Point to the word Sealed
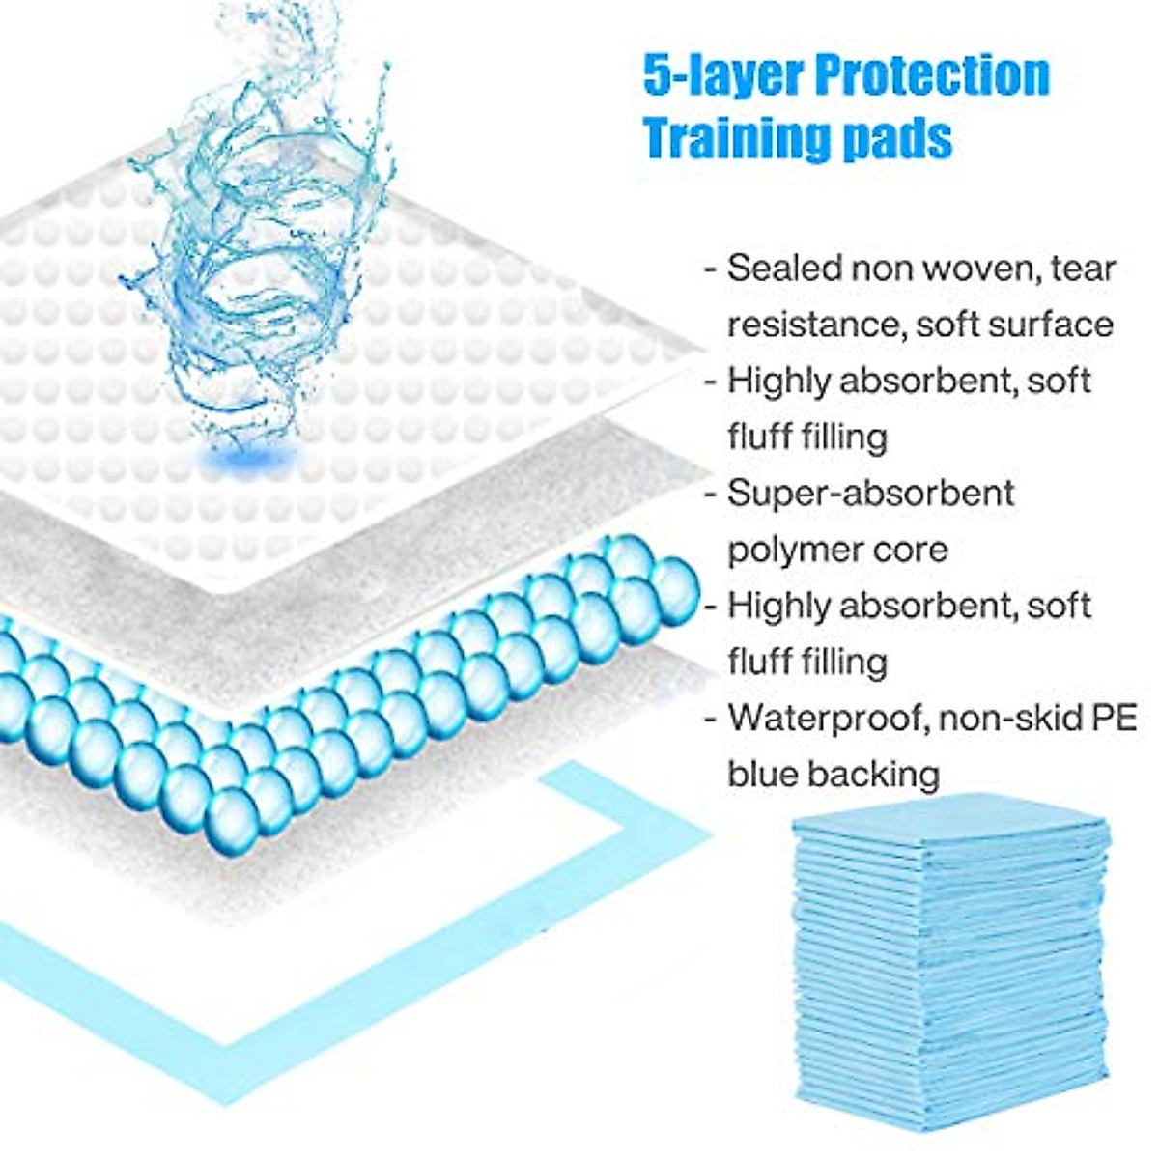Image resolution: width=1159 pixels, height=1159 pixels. point(781,268)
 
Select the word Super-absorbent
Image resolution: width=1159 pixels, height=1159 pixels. point(870,493)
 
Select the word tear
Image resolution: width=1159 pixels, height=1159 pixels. point(1086,268)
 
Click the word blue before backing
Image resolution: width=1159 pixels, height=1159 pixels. point(762,774)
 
